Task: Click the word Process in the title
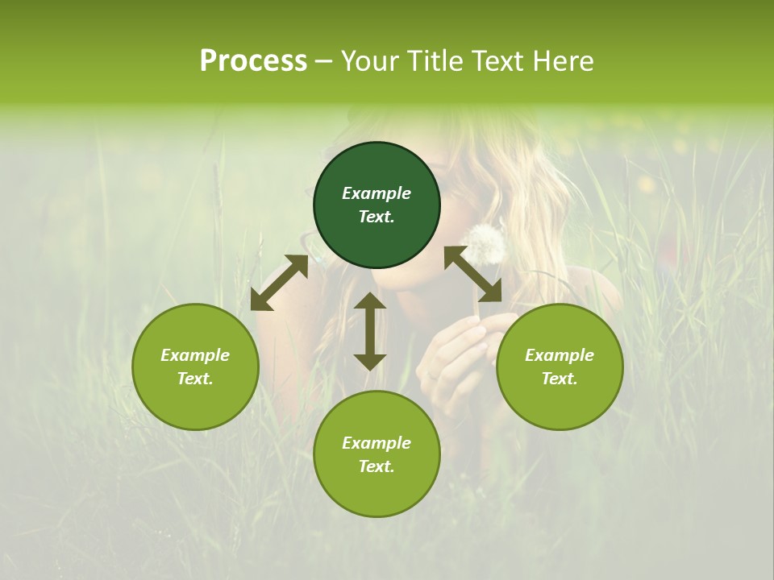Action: [253, 61]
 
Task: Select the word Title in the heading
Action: [435, 61]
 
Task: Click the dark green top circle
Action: [377, 205]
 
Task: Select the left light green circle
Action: [195, 367]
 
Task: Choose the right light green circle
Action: [560, 367]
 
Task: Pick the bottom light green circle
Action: [377, 454]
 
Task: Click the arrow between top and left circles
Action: [279, 283]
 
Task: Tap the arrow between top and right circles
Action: [473, 275]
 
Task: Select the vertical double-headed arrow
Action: [370, 331]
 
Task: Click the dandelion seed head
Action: [485, 243]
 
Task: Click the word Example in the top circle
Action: [377, 193]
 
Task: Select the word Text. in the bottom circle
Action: [377, 466]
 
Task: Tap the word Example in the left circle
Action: [195, 355]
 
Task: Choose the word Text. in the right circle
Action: [560, 379]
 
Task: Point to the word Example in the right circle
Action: [560, 355]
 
